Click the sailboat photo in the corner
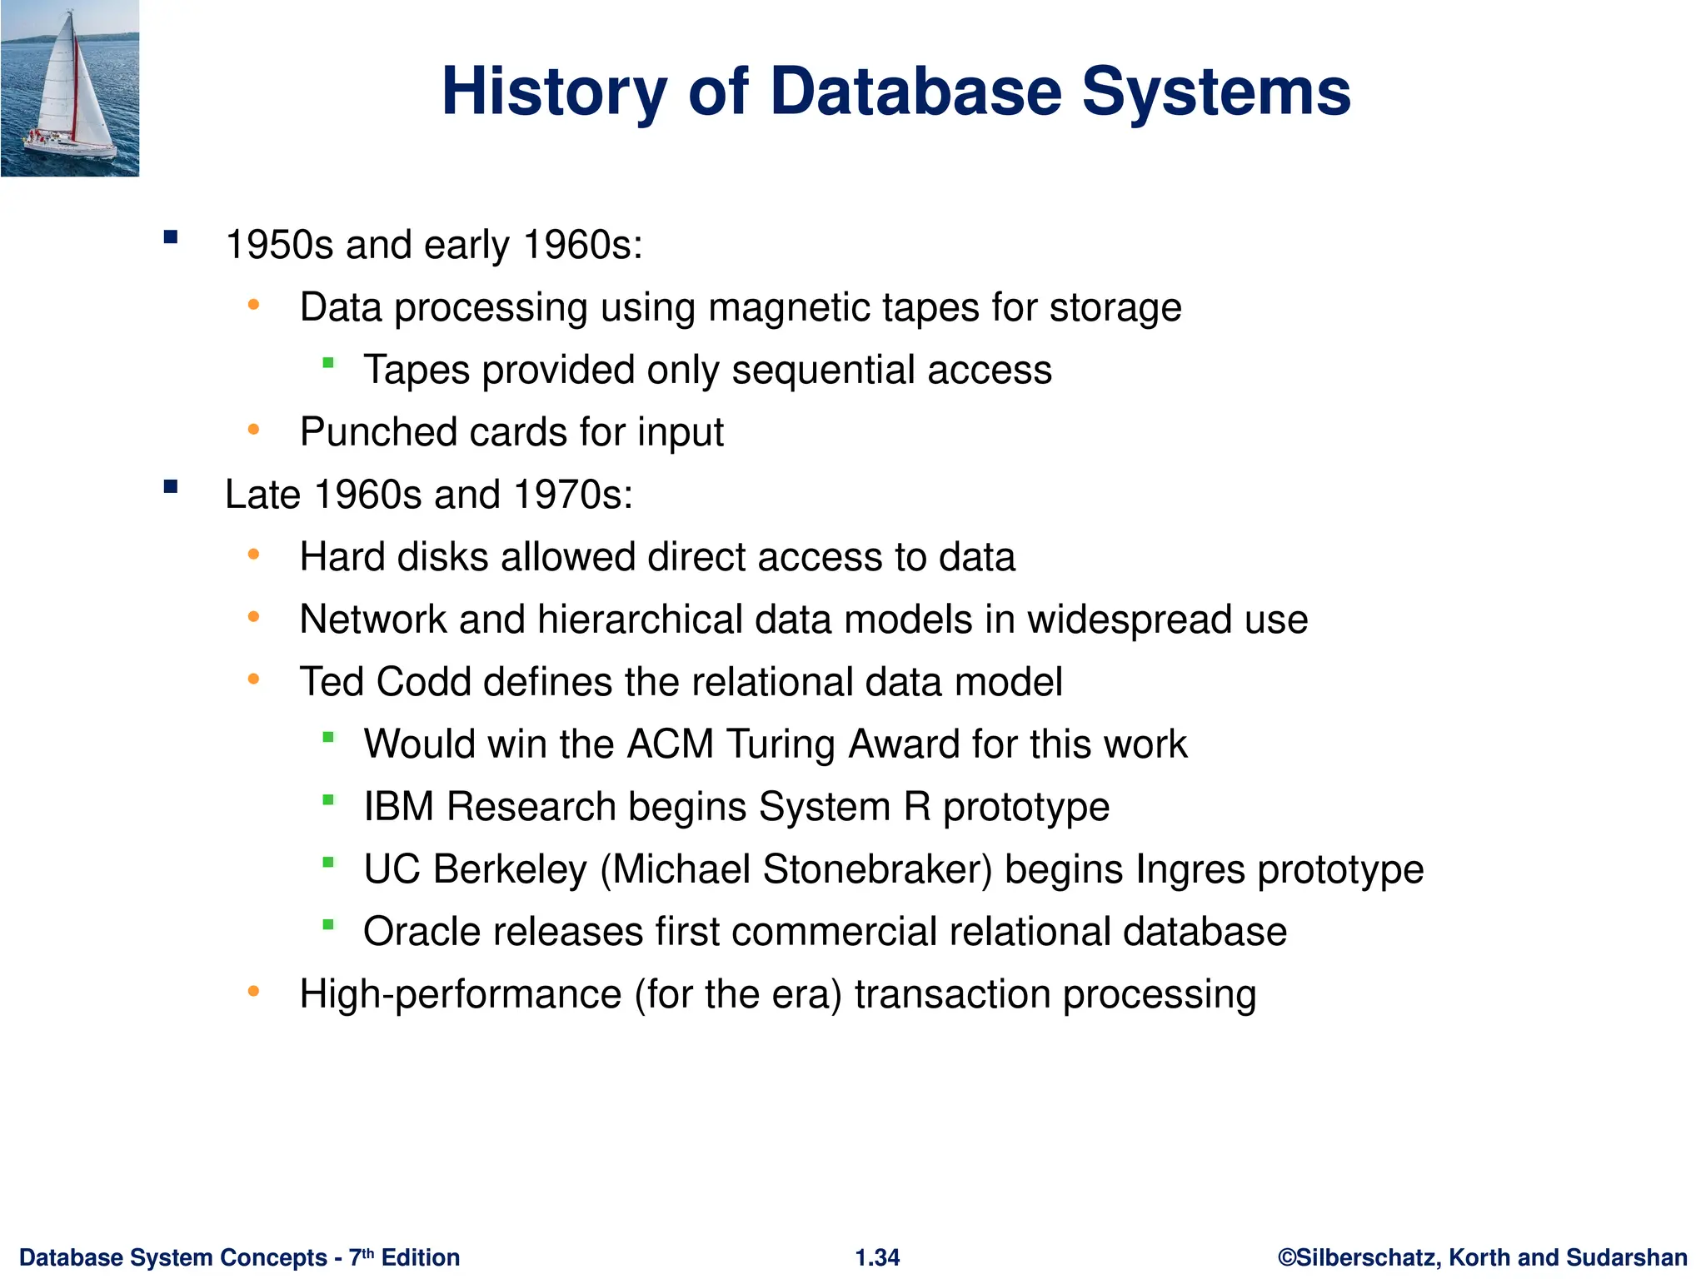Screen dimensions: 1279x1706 point(70,87)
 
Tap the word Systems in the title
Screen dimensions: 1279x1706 point(1215,92)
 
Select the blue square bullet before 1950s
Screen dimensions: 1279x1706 point(172,237)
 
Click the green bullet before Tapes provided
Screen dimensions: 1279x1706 point(328,362)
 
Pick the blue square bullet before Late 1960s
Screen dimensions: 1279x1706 point(172,487)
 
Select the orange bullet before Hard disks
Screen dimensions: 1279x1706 point(254,554)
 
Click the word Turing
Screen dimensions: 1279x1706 point(780,744)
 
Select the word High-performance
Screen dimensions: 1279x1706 point(461,994)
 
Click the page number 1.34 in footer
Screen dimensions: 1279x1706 point(877,1257)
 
